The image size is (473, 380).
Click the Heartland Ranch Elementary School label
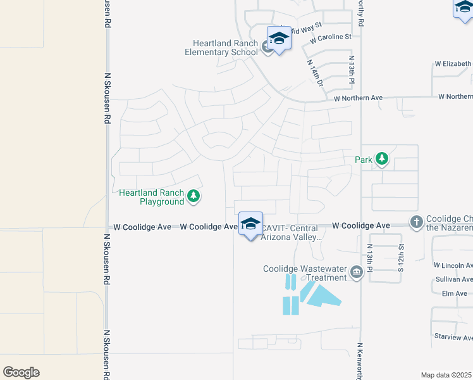(221, 47)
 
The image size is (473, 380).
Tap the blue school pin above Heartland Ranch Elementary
(279, 39)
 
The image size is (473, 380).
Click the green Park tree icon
(382, 159)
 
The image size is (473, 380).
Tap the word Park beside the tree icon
(364, 160)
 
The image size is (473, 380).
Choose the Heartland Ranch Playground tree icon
(194, 197)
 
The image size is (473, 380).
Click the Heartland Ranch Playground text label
(152, 197)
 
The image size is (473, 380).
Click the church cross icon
(417, 222)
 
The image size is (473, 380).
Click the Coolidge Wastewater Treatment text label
(305, 273)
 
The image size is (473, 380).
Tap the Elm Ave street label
(454, 293)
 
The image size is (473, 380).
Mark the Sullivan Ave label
(453, 279)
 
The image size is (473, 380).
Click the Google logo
(21, 372)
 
